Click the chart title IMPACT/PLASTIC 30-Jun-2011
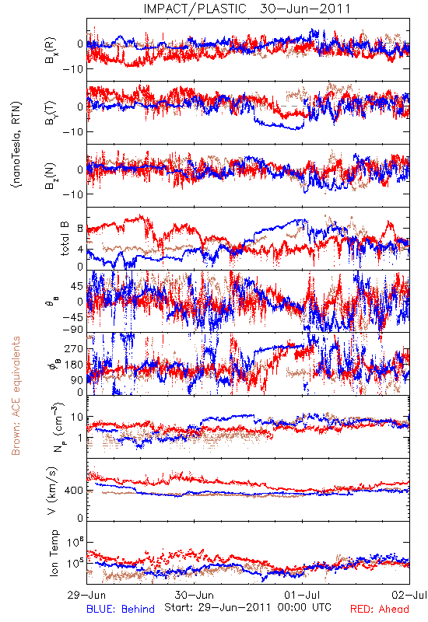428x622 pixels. click(247, 9)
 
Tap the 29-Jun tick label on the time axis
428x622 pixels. click(86, 596)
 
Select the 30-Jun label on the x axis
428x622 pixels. click(195, 596)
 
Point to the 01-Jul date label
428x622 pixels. click(302, 596)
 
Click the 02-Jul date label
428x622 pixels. click(409, 596)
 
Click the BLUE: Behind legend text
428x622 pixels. click(121, 609)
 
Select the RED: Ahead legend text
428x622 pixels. click(380, 609)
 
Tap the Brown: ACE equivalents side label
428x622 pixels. click(16, 396)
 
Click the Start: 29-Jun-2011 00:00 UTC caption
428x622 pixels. click(247, 607)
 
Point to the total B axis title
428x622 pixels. click(65, 239)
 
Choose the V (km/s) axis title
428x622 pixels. click(52, 491)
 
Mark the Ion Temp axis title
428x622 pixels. click(54, 553)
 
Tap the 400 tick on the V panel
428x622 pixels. click(74, 491)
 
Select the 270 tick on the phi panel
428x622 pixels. click(74, 348)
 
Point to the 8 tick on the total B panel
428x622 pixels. click(80, 229)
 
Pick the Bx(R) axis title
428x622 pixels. click(51, 51)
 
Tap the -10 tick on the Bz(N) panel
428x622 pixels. click(72, 194)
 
